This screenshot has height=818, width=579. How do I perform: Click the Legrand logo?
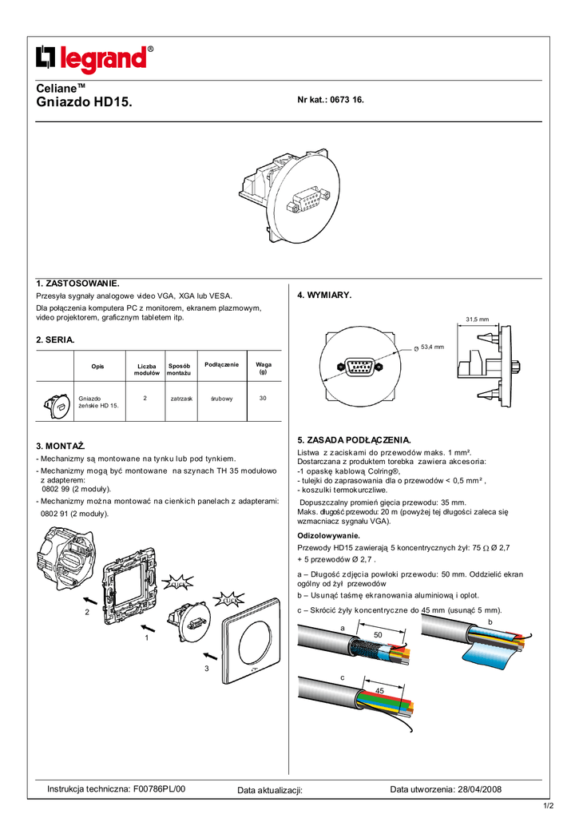tap(94, 60)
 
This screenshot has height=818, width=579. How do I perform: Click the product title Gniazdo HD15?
tap(85, 102)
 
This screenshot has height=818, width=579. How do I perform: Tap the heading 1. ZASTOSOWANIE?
tap(77, 284)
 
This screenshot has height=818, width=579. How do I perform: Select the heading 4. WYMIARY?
tap(324, 296)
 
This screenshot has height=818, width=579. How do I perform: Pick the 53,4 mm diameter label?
tap(432, 347)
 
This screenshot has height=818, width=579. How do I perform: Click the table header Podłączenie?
tap(221, 365)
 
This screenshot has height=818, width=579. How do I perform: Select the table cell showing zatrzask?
tap(182, 398)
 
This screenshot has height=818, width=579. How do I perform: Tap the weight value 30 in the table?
tap(263, 398)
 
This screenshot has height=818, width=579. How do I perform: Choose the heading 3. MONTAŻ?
tap(61, 444)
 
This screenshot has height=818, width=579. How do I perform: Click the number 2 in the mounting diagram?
tap(86, 611)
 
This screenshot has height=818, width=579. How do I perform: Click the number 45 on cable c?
tap(379, 690)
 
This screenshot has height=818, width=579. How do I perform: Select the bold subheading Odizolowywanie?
tap(328, 534)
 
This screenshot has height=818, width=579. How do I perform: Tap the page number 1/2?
tap(549, 806)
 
